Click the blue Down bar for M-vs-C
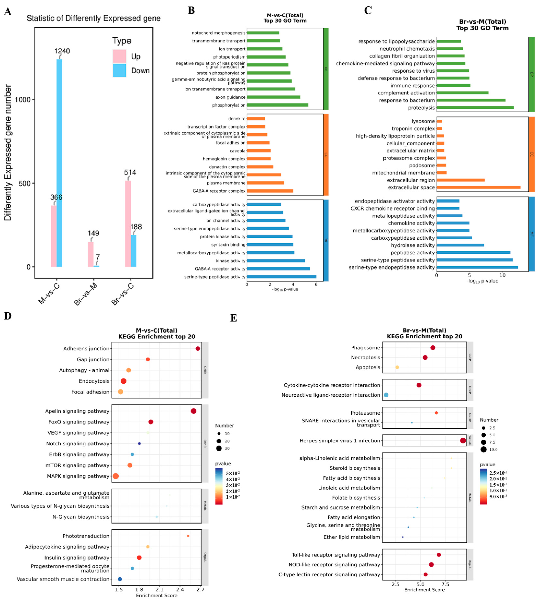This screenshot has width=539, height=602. point(59,163)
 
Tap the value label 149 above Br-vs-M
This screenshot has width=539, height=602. point(93,233)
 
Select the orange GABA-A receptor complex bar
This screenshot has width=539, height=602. point(270,191)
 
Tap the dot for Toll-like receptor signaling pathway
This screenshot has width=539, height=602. point(439,555)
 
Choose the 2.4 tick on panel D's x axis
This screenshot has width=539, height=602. point(180,590)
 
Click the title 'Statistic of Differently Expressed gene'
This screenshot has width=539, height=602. point(94,18)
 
